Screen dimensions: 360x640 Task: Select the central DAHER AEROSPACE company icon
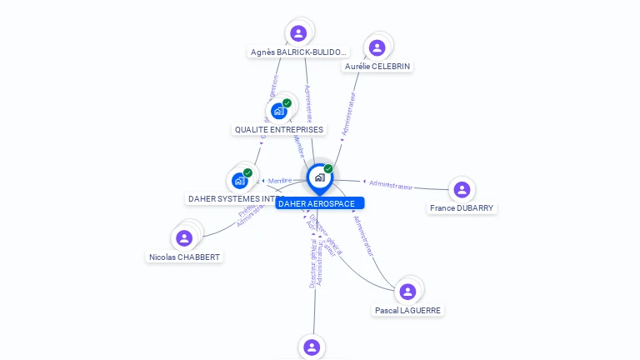319,177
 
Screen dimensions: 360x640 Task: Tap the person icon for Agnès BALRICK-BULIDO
298,33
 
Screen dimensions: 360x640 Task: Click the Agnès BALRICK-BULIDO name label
297,52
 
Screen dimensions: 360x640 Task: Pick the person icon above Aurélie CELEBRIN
377,47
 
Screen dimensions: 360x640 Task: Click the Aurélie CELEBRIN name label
377,66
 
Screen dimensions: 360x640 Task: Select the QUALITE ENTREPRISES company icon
279,111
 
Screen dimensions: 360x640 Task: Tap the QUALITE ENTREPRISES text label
279,130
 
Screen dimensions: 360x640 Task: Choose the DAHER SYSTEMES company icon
240,180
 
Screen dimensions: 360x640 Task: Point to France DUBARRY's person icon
462,190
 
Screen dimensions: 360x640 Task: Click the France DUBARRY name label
462,208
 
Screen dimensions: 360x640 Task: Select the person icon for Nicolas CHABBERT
184,238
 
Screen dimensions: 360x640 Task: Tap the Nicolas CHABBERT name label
185,257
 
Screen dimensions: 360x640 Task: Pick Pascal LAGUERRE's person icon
407,292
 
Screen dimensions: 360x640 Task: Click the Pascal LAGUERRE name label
407,310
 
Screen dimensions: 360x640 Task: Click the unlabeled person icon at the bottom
311,347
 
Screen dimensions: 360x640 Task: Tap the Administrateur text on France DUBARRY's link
390,185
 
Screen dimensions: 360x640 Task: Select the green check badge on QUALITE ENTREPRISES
287,103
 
